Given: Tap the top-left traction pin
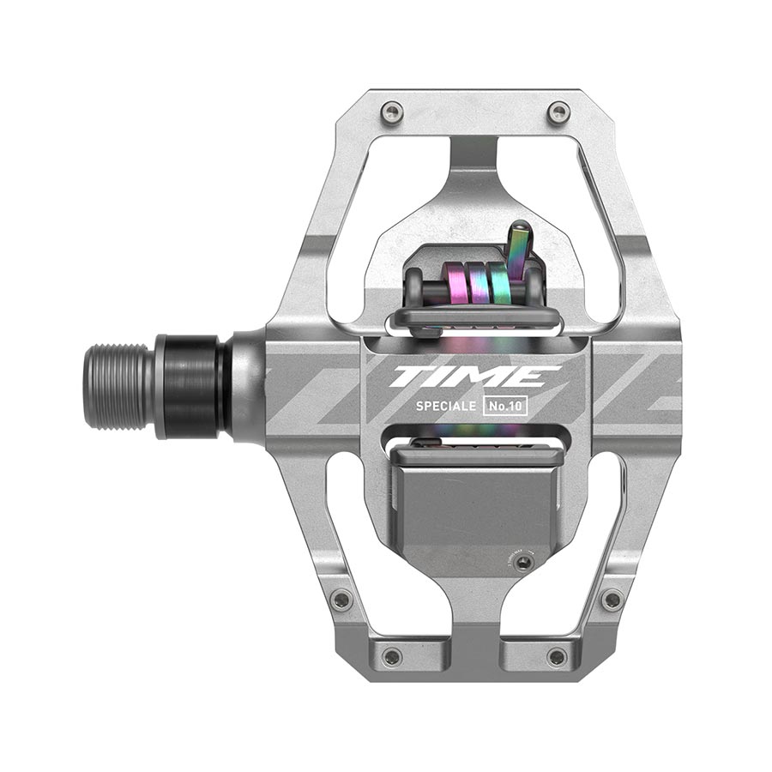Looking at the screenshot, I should pos(392,110).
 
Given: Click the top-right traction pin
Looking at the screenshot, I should pos(558,110).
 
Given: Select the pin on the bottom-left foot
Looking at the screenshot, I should pos(392,656).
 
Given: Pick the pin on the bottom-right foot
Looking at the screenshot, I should pos(557,656).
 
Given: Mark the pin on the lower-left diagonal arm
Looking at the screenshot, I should pos(341,600).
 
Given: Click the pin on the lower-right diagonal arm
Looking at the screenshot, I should pos(612,599).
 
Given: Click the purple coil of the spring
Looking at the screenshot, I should pos(452,284).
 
